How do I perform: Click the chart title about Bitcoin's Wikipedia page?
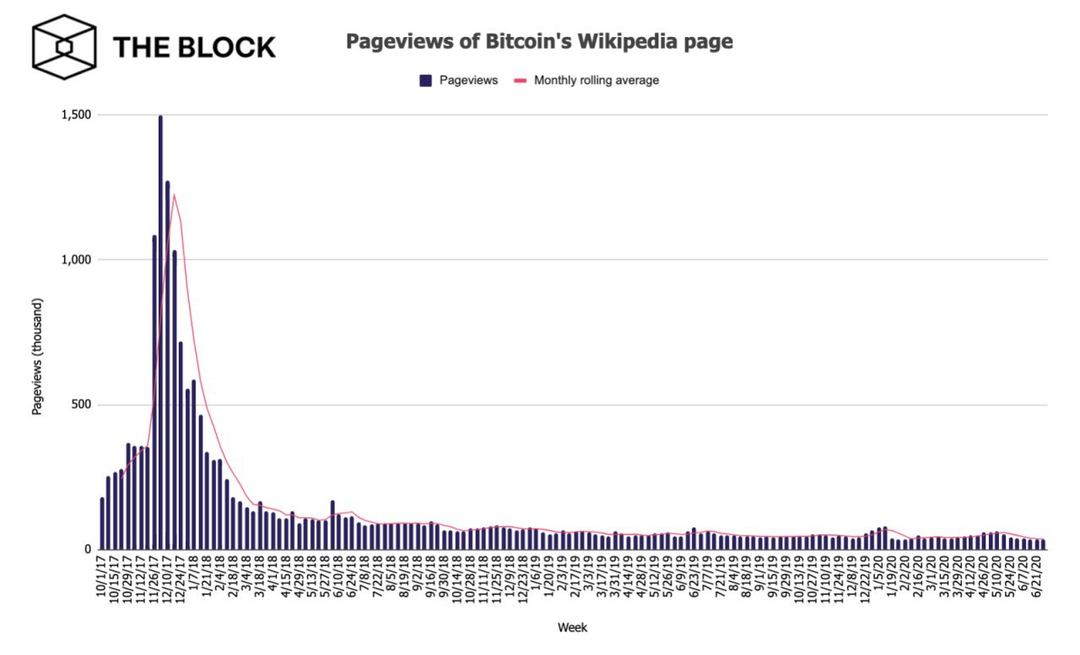coord(539,42)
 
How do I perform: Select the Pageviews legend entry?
coord(460,80)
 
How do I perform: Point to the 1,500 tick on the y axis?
coord(77,115)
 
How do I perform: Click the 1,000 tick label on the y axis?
coord(77,260)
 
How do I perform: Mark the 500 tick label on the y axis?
coord(82,405)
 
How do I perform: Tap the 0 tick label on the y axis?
coord(88,549)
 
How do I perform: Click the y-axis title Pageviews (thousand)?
coord(37,356)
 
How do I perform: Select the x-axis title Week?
coord(571,627)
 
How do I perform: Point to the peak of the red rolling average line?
coord(174,196)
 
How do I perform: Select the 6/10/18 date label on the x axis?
coord(338,576)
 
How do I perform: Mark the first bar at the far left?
coord(103,523)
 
